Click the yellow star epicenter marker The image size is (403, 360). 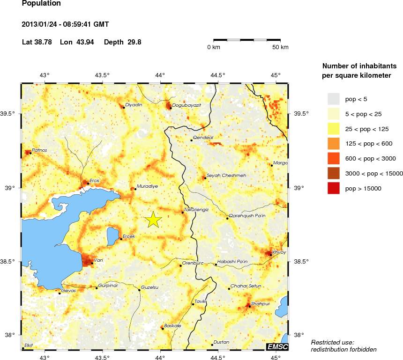pyautogui.click(x=153, y=220)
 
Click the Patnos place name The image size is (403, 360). pyautogui.click(x=39, y=150)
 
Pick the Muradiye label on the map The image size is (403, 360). pyautogui.click(x=147, y=186)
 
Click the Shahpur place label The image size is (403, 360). pyautogui.click(x=261, y=303)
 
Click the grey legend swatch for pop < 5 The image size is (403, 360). pyautogui.click(x=333, y=99)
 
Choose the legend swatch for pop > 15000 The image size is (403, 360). pyautogui.click(x=333, y=188)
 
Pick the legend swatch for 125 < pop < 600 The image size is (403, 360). pyautogui.click(x=333, y=144)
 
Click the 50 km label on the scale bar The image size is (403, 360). pyautogui.click(x=280, y=47)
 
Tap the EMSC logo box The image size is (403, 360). pyautogui.click(x=277, y=346)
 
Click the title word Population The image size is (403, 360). pyautogui.click(x=41, y=3)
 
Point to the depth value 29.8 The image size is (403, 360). pyautogui.click(x=133, y=42)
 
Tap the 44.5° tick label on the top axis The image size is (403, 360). pyautogui.click(x=218, y=75)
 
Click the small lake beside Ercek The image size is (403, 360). pyautogui.click(x=113, y=235)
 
